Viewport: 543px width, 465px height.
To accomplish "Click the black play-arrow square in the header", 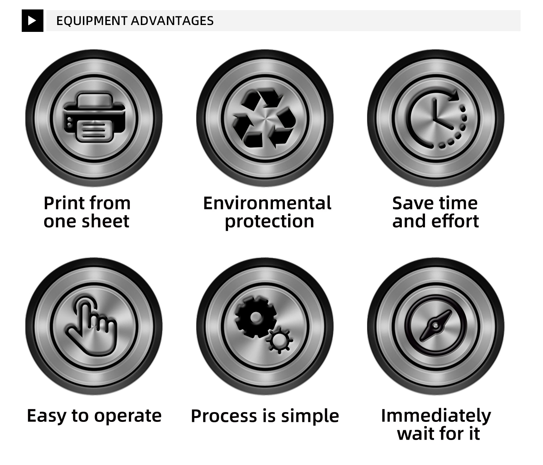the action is point(32,21).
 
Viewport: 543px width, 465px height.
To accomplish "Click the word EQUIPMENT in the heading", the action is point(92,21).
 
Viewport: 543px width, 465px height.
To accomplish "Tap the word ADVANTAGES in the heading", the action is point(172,21).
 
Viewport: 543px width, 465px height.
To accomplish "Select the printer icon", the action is point(94,117).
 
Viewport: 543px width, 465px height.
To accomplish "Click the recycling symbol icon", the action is point(265,118).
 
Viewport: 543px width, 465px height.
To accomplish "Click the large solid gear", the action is point(255,317).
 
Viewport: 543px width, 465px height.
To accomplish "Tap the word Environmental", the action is point(267,203).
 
